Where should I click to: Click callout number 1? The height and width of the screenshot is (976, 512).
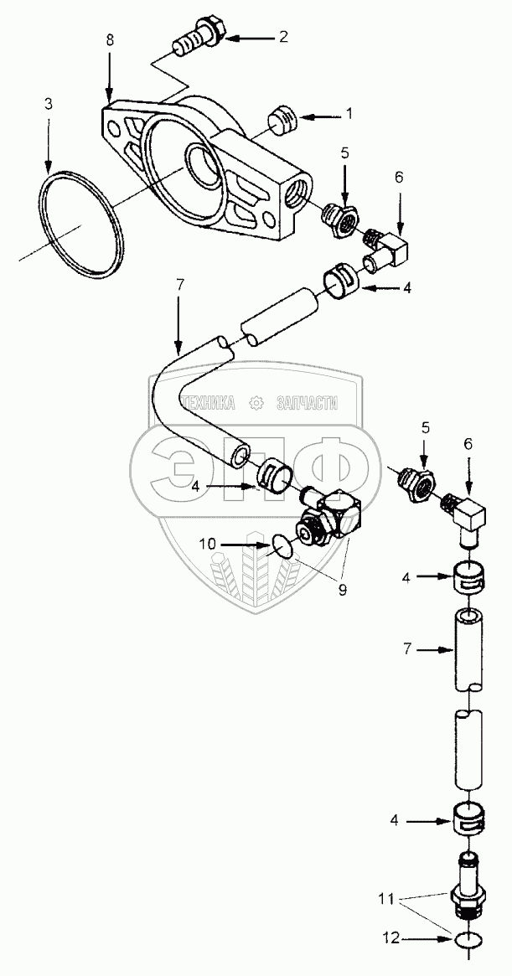click(x=349, y=112)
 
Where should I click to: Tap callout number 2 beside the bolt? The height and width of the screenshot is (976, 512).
click(x=284, y=38)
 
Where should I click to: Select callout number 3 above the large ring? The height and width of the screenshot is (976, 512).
click(x=49, y=105)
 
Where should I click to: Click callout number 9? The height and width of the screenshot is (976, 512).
click(x=342, y=590)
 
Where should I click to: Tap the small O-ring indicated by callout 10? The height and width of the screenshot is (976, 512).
click(x=283, y=548)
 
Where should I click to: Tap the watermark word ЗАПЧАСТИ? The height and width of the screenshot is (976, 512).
click(x=307, y=404)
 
